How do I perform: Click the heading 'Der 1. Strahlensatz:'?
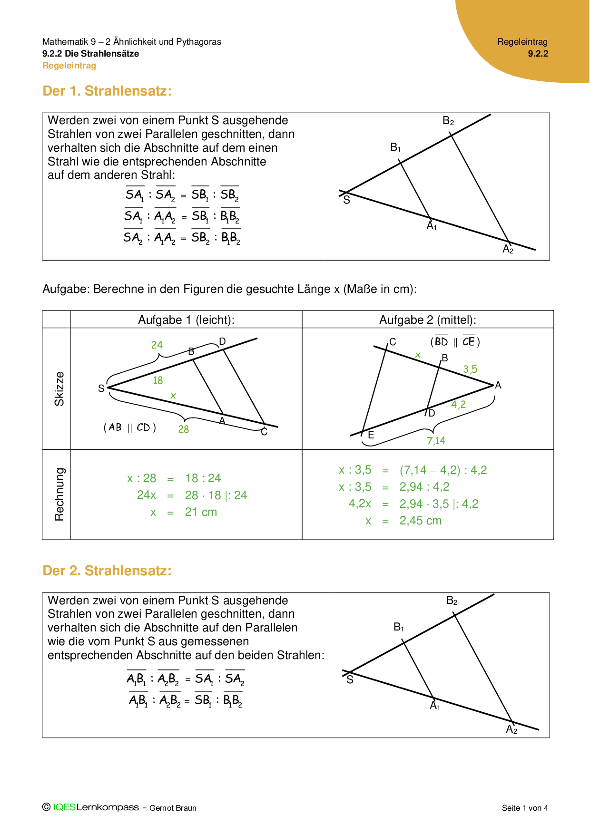point(107,91)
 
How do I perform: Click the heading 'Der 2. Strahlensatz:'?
point(107,571)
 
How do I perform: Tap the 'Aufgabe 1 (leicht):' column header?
point(186,320)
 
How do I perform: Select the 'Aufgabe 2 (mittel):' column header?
point(427,320)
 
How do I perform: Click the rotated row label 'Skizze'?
point(59,388)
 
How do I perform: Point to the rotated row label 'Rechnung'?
point(59,495)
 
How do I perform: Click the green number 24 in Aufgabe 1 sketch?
point(157,345)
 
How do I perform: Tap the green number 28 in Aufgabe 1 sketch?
point(184,429)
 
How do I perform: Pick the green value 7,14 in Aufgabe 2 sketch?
point(436,441)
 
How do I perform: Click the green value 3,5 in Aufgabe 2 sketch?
point(470,369)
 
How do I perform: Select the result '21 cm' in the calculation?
point(201,513)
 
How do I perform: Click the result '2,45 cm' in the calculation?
point(420,521)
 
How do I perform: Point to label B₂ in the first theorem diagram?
point(448,121)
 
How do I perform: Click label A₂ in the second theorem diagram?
point(511,729)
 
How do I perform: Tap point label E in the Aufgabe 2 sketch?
point(371,435)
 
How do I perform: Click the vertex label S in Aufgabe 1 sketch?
point(101,388)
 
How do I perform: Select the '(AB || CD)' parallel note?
point(130,427)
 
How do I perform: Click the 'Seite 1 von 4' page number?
point(525,808)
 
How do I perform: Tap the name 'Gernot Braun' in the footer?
point(173,808)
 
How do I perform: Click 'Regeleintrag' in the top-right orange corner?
point(522,42)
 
